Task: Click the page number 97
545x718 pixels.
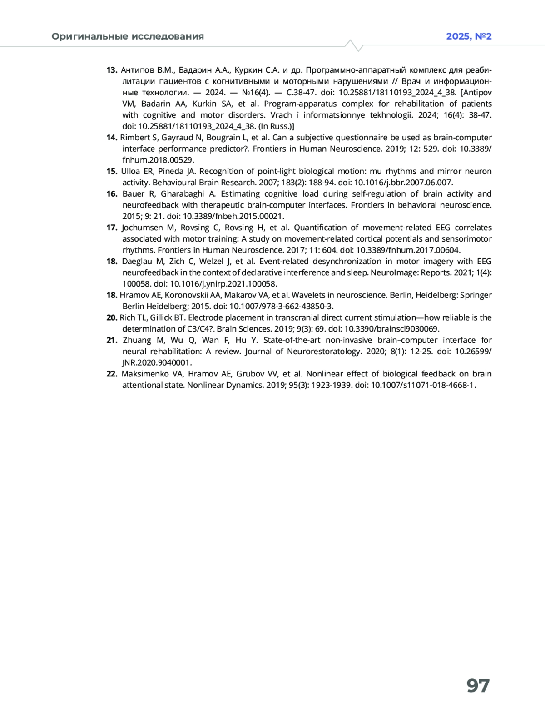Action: click(478, 686)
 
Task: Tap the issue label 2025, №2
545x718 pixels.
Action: click(469, 36)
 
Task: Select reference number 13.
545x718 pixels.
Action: click(112, 70)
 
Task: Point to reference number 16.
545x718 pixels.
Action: click(112, 194)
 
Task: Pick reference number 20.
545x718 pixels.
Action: click(112, 317)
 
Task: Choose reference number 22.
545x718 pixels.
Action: click(112, 374)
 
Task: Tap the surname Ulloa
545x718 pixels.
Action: click(130, 171)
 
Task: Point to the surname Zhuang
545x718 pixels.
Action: click(137, 340)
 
